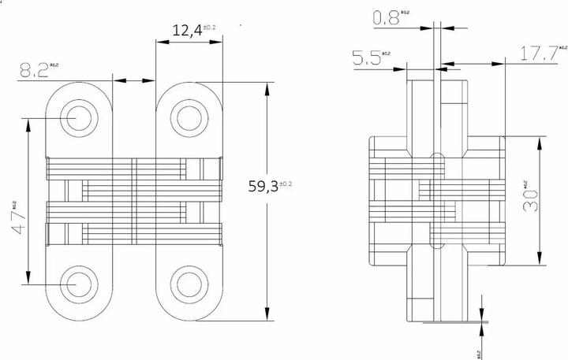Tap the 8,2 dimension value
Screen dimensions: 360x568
tap(33, 70)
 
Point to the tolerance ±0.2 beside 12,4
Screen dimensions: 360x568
tap(210, 28)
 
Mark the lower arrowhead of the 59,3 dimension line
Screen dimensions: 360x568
tap(267, 316)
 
